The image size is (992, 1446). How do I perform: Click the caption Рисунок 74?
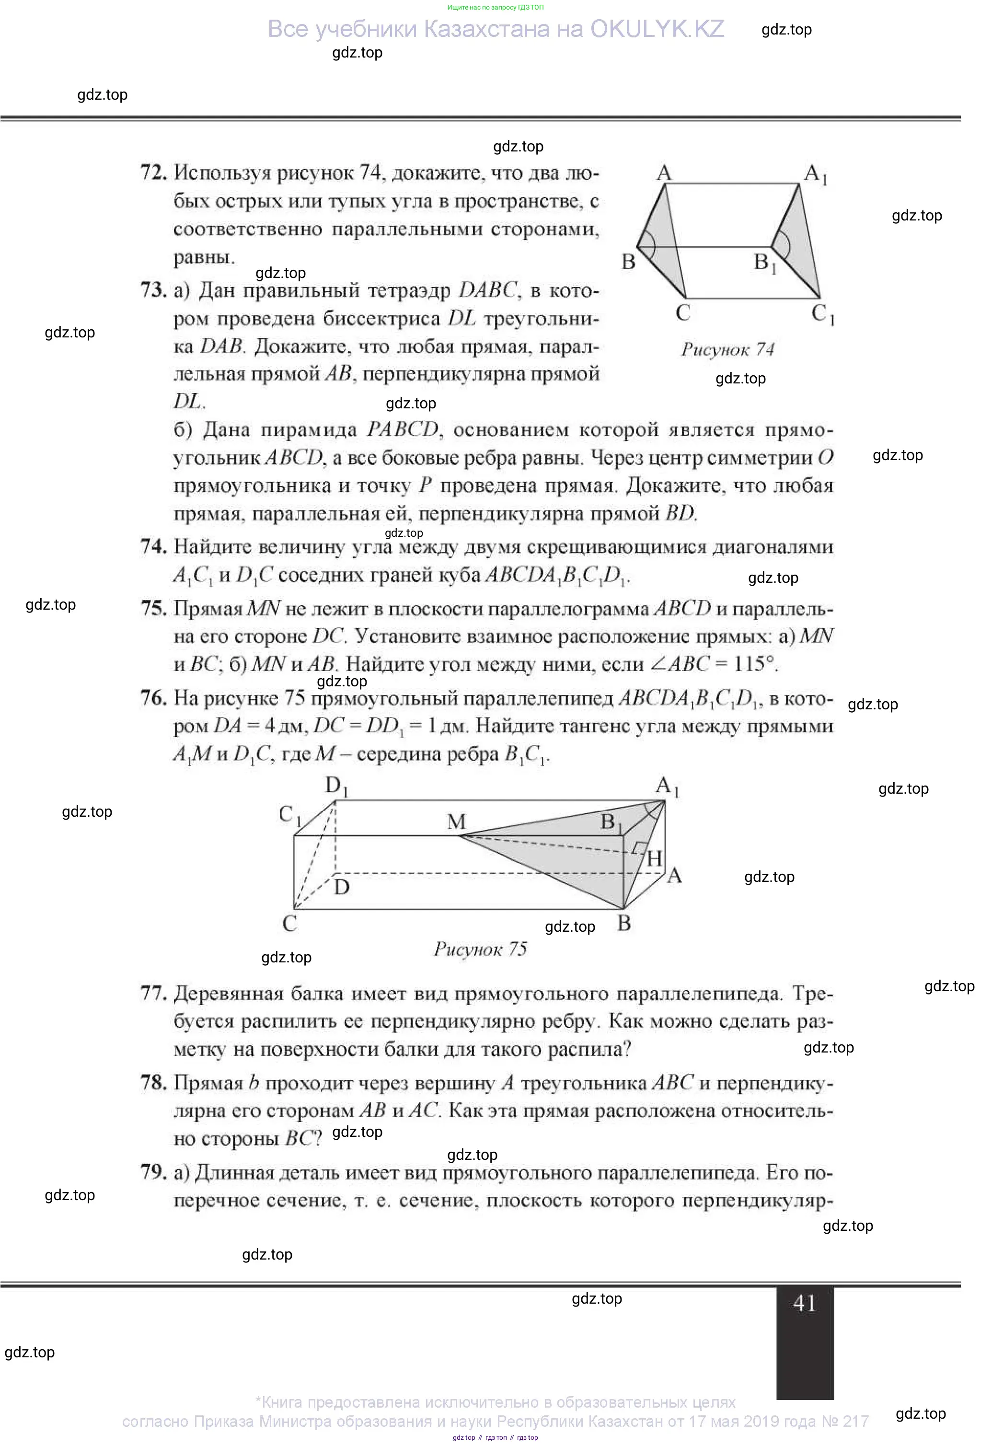[x=727, y=349]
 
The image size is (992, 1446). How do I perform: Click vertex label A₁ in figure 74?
[x=815, y=174]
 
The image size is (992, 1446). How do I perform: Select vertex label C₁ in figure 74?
[x=822, y=313]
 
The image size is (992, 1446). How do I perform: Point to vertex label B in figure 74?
[x=629, y=261]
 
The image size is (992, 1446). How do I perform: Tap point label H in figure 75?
[x=654, y=859]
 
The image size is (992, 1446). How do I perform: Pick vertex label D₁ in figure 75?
[x=336, y=787]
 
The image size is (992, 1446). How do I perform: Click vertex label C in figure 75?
[x=289, y=923]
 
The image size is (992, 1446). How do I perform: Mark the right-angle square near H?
[x=638, y=848]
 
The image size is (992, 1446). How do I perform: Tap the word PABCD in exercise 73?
[x=403, y=430]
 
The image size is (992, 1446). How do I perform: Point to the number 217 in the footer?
[x=855, y=1421]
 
